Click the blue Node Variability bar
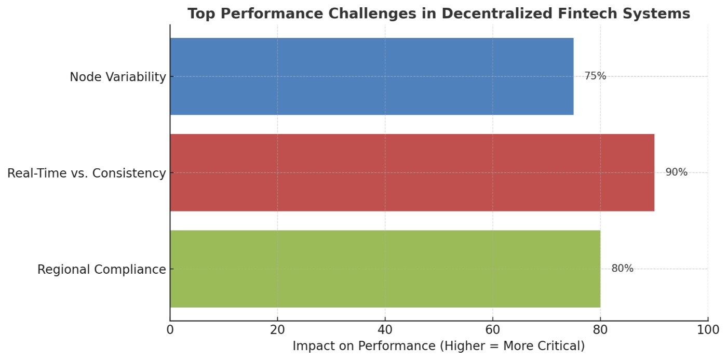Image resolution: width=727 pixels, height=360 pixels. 371,76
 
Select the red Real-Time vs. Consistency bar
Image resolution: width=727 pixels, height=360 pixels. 412,172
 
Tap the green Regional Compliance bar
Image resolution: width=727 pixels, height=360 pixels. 385,269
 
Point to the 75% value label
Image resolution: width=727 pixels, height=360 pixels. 595,76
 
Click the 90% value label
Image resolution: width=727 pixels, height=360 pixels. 676,172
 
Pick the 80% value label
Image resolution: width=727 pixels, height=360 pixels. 622,269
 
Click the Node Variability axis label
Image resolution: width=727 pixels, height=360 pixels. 118,77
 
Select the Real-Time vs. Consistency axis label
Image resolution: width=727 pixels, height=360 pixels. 86,173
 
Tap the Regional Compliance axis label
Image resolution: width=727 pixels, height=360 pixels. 101,270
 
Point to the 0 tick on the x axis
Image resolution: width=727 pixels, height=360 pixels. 170,330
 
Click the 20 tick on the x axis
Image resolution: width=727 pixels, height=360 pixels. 277,330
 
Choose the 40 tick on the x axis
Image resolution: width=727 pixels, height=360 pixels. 385,330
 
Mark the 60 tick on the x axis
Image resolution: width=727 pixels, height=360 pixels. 492,330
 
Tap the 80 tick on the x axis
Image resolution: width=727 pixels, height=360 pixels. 600,330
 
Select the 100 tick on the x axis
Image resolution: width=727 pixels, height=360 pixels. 708,330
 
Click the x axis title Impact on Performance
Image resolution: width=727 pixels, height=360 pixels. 438,346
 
